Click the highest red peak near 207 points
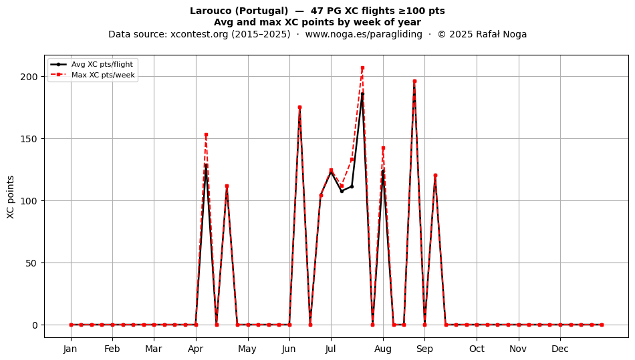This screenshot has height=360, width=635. coord(362,68)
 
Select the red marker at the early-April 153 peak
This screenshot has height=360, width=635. coord(206,135)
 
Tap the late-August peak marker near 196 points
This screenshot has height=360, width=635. coord(414,81)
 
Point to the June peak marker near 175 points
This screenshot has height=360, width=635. coord(299,107)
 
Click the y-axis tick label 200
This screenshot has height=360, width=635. coord(29,77)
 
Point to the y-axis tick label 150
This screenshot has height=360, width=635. coord(29,139)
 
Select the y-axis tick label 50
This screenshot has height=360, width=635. coord(31,263)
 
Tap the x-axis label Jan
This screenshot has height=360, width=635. coord(70,349)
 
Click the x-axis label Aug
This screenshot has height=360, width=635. coord(383,349)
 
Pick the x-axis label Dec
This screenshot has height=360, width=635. coord(560,349)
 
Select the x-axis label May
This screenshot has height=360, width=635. coord(247,349)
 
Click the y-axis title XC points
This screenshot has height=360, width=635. coord(11,197)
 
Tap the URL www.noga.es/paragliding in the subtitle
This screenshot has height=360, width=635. coord(364,34)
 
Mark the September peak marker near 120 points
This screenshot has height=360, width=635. coord(435,176)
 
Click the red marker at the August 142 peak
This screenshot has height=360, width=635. coord(383,148)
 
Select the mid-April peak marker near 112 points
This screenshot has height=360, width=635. coord(227,186)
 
